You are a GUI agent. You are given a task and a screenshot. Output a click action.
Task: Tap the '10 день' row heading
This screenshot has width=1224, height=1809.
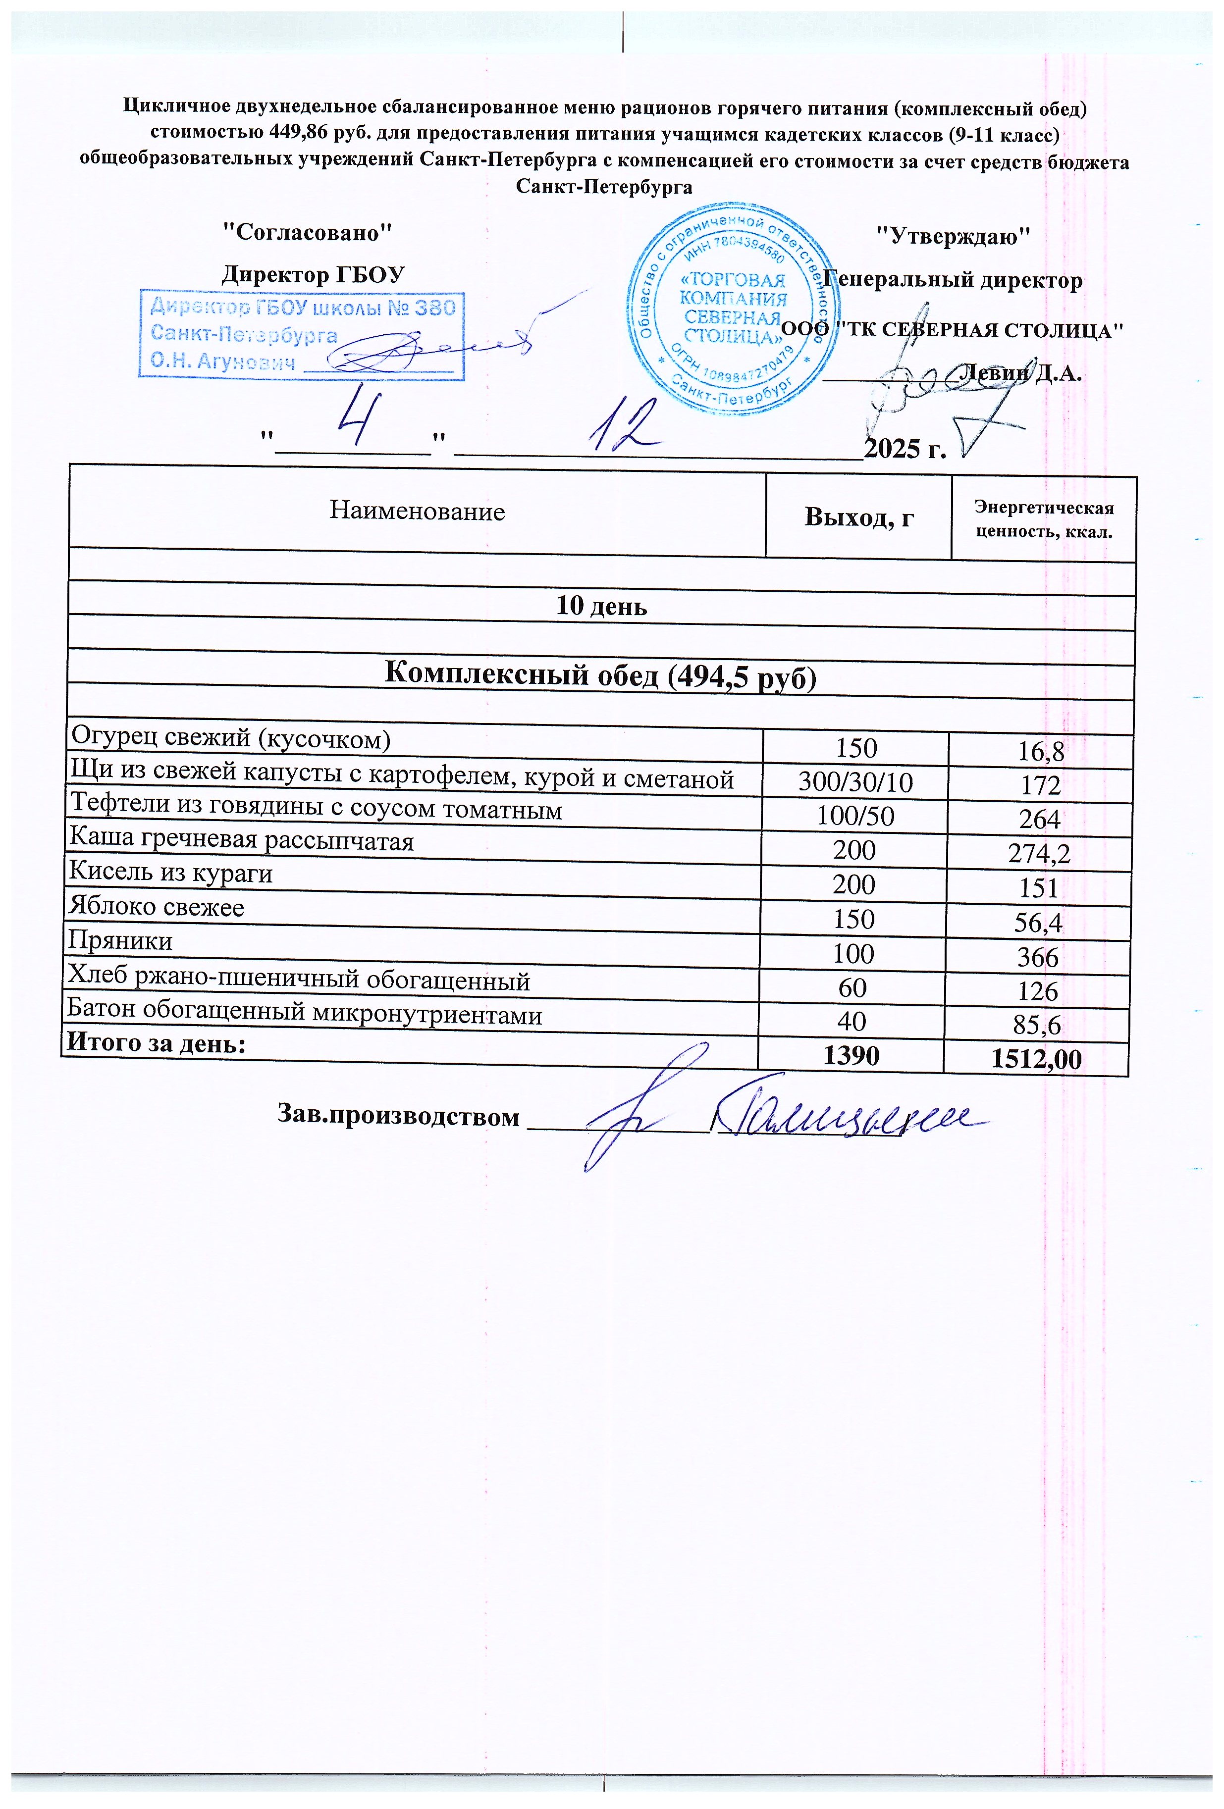[601, 606]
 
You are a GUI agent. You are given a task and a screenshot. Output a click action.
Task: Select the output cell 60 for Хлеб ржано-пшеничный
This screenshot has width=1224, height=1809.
[852, 988]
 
